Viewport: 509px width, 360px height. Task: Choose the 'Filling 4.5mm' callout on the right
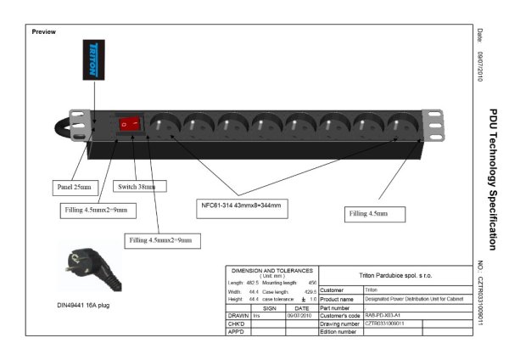click(370, 214)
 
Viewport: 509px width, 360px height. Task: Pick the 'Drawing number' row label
click(340, 323)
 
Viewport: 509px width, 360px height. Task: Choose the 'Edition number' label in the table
click(338, 332)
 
